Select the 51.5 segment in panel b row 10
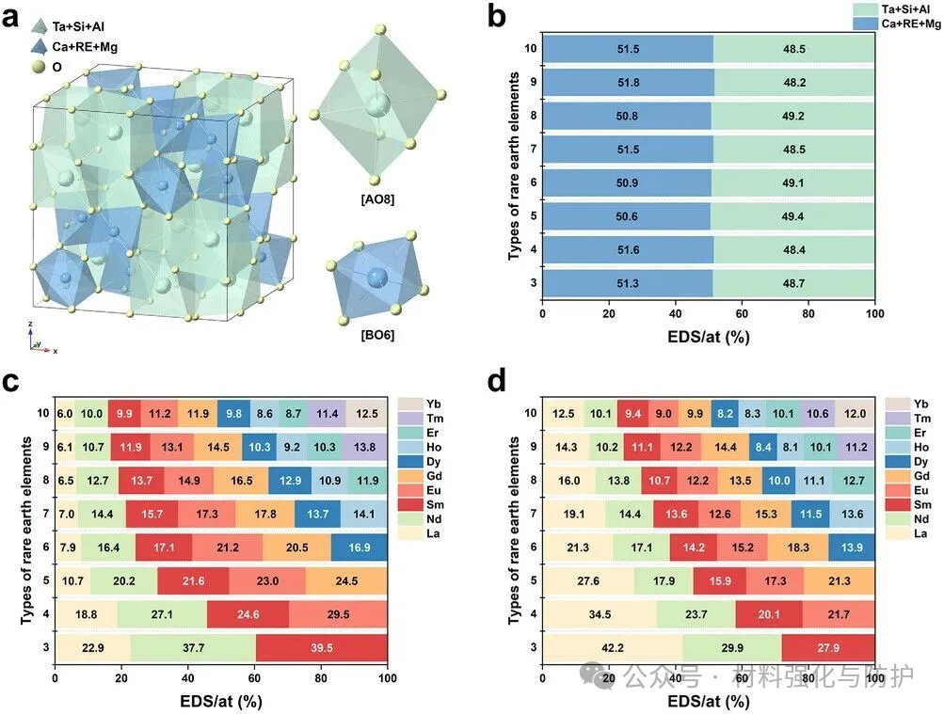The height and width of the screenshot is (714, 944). point(628,49)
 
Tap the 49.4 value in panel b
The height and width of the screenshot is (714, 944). point(792,217)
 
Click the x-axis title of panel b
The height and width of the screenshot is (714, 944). point(709,337)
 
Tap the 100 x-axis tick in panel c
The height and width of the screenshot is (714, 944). point(387,676)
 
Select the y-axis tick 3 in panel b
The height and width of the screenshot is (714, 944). point(533,283)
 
